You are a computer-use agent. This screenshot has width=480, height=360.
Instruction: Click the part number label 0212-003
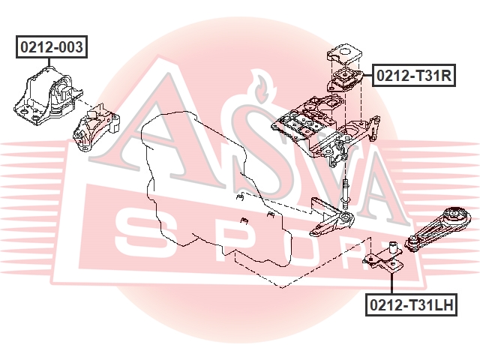click(52, 47)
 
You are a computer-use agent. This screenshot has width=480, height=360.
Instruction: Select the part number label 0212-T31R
click(414, 75)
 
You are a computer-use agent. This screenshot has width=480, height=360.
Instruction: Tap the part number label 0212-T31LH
click(412, 304)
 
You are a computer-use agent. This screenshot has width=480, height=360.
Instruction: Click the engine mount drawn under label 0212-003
click(47, 96)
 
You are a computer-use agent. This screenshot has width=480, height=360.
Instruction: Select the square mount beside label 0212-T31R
click(345, 80)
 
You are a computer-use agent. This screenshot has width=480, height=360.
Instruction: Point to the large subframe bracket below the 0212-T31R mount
click(326, 128)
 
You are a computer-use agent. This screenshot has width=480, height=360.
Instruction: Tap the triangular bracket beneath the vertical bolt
click(331, 218)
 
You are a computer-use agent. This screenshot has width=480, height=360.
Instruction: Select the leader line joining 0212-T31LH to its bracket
click(391, 283)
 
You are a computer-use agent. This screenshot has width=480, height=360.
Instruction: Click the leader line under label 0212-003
click(49, 62)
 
